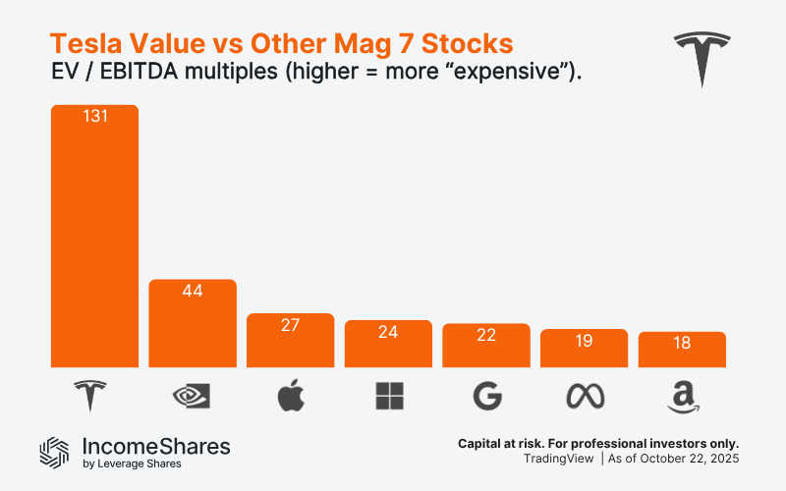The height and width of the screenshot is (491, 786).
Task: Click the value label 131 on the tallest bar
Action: click(x=94, y=116)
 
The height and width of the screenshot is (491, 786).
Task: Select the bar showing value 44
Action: click(x=193, y=324)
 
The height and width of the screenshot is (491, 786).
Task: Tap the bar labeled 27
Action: click(x=291, y=341)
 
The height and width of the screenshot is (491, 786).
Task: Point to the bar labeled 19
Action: click(x=585, y=349)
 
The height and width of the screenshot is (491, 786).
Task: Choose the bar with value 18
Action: click(x=682, y=350)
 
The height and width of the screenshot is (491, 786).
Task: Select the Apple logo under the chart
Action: click(x=291, y=396)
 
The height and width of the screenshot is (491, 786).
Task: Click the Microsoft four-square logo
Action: click(x=389, y=396)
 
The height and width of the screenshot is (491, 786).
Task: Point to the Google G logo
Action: click(x=486, y=396)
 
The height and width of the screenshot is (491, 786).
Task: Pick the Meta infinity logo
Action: click(x=585, y=396)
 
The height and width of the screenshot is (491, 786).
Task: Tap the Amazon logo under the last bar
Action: click(x=681, y=397)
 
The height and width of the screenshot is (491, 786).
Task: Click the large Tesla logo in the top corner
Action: click(x=703, y=58)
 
